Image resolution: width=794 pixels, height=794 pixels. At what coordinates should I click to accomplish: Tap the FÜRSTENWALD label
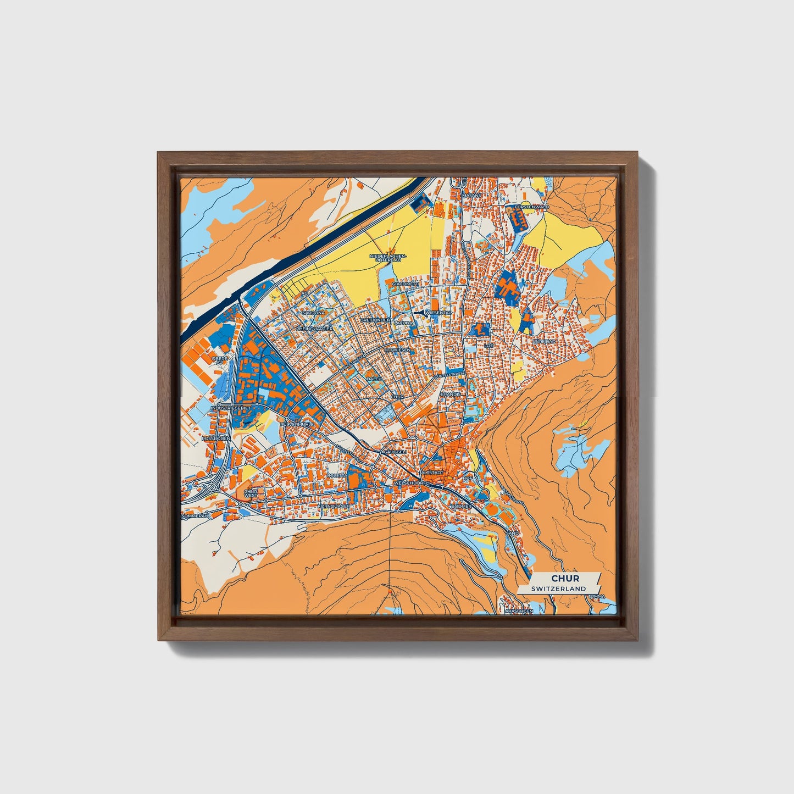tap(532, 207)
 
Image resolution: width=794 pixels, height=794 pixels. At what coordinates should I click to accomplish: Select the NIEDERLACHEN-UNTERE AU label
tap(388, 258)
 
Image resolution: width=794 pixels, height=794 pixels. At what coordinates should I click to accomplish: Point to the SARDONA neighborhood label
tap(314, 312)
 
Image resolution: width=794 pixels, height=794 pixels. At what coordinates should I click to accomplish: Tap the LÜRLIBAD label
tap(546, 341)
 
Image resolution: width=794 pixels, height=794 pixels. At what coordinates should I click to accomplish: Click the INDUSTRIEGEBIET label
tap(231, 408)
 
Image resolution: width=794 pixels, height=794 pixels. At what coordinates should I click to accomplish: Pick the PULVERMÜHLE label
tap(297, 424)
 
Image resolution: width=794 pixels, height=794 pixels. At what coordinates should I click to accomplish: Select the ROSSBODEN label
tap(215, 438)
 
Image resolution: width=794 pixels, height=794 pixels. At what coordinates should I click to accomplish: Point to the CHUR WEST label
tap(251, 493)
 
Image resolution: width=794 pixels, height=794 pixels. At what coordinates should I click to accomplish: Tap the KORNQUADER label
tap(334, 506)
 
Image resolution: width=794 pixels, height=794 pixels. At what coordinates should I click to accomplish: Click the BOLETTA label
tap(337, 474)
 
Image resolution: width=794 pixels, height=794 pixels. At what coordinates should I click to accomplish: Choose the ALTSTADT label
tap(431, 472)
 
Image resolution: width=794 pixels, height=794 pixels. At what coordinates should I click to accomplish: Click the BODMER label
tap(461, 506)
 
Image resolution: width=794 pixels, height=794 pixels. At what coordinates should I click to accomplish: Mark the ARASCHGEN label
tap(518, 610)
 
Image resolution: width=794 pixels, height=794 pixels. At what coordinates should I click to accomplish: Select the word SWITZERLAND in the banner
tap(558, 588)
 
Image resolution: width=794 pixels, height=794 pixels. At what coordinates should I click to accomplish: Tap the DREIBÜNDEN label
tap(375, 320)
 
